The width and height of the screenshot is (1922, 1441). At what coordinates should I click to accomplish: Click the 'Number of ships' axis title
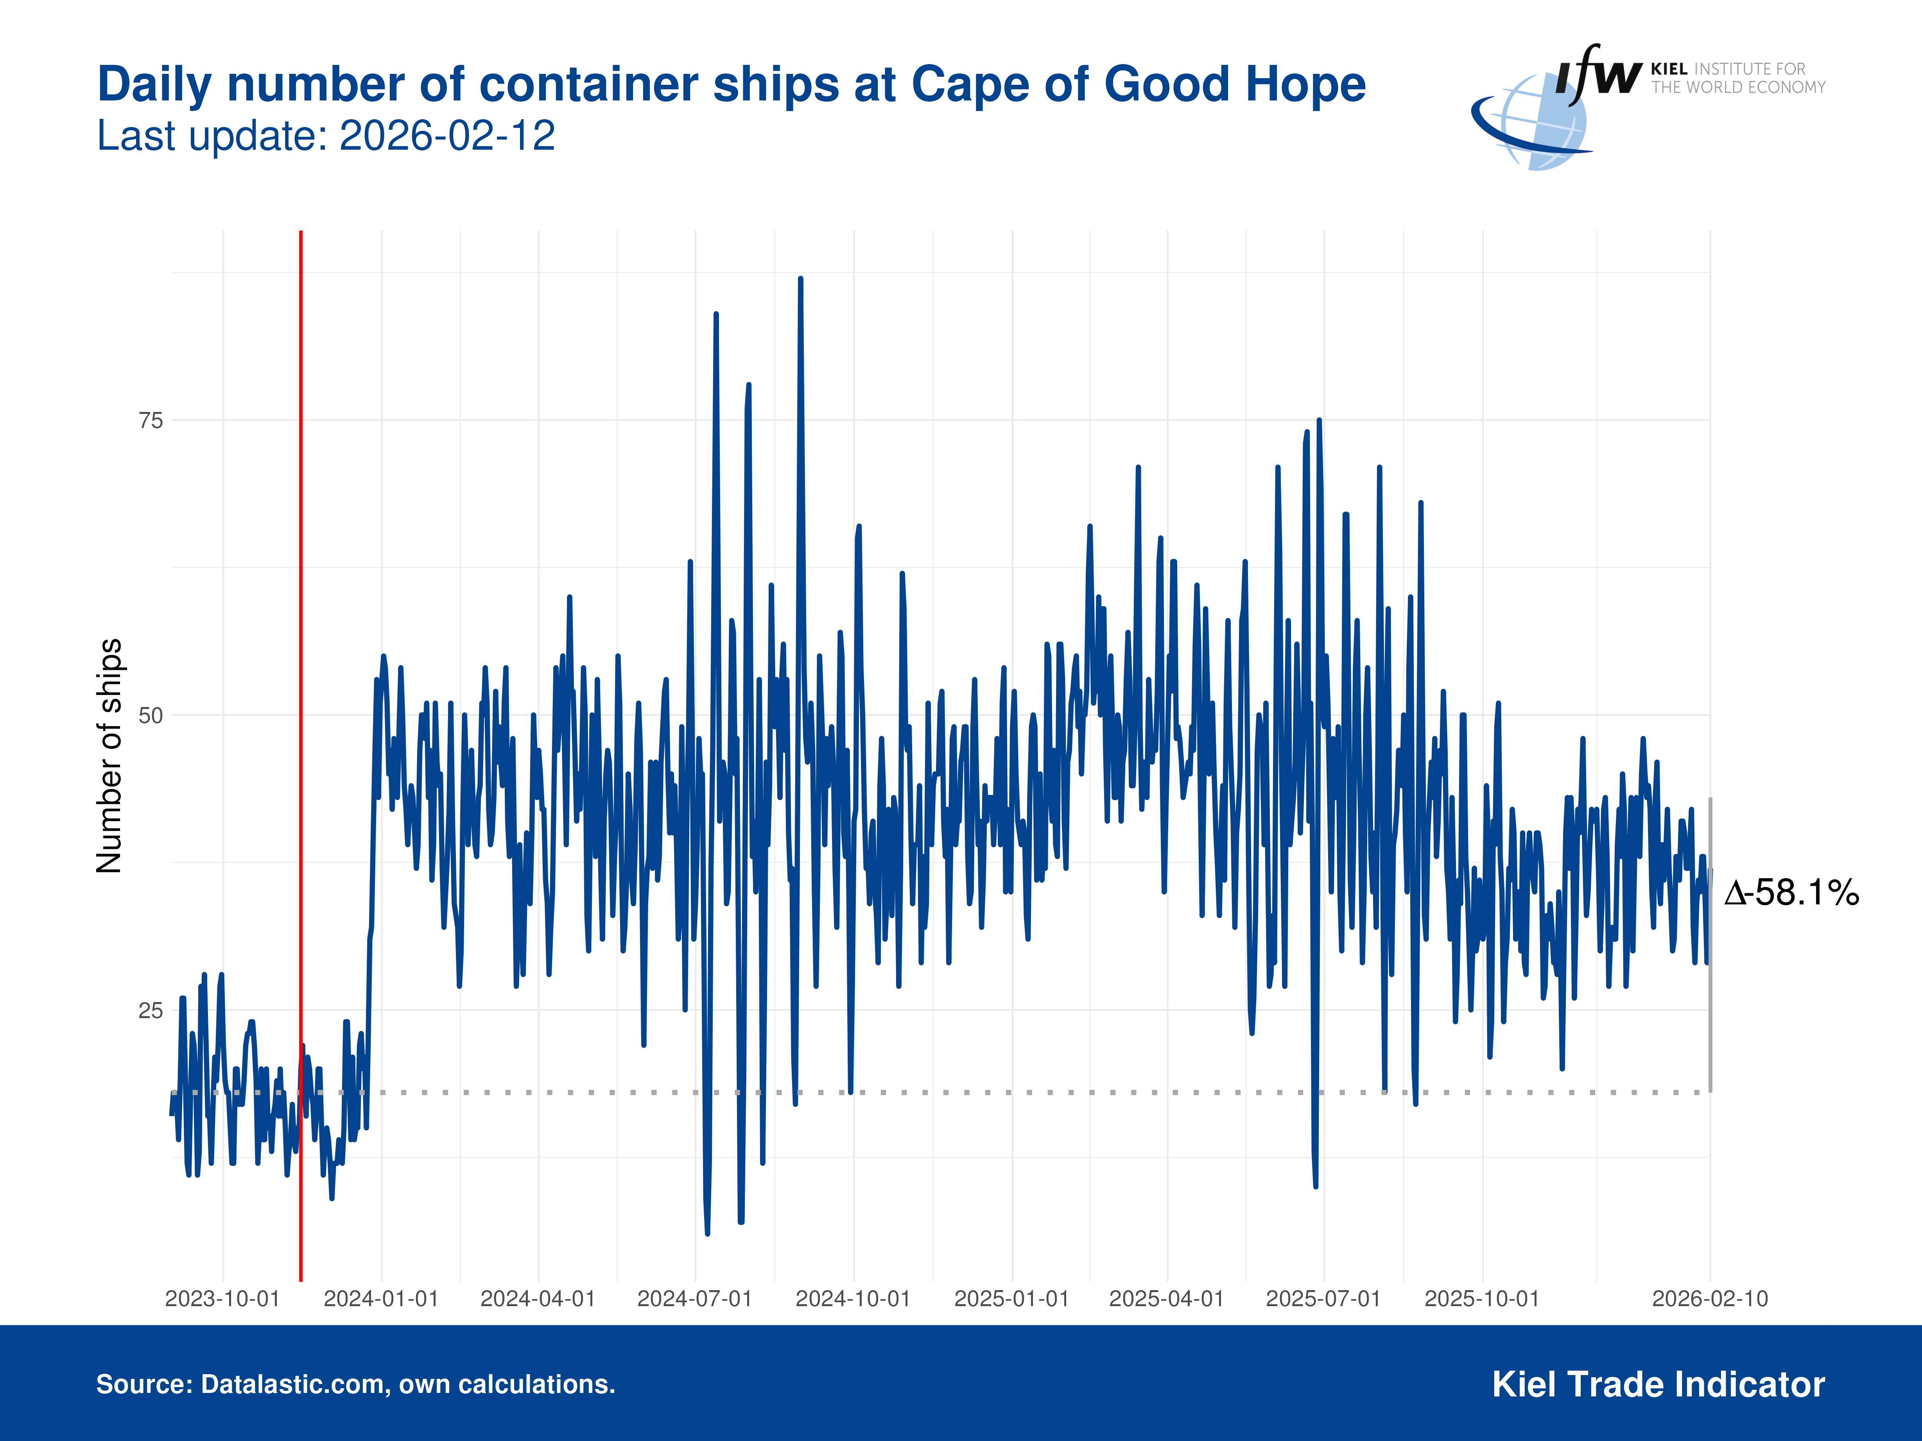tap(109, 756)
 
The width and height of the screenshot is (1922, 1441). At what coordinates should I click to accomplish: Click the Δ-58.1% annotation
tap(1792, 893)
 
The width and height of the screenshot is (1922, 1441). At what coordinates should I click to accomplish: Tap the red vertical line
tap(301, 695)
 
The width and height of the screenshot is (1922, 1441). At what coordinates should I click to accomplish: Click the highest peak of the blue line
tap(800, 280)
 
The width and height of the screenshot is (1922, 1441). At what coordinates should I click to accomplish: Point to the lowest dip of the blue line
tap(707, 1232)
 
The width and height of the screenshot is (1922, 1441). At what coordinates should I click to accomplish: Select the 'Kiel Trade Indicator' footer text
tap(1658, 1385)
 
